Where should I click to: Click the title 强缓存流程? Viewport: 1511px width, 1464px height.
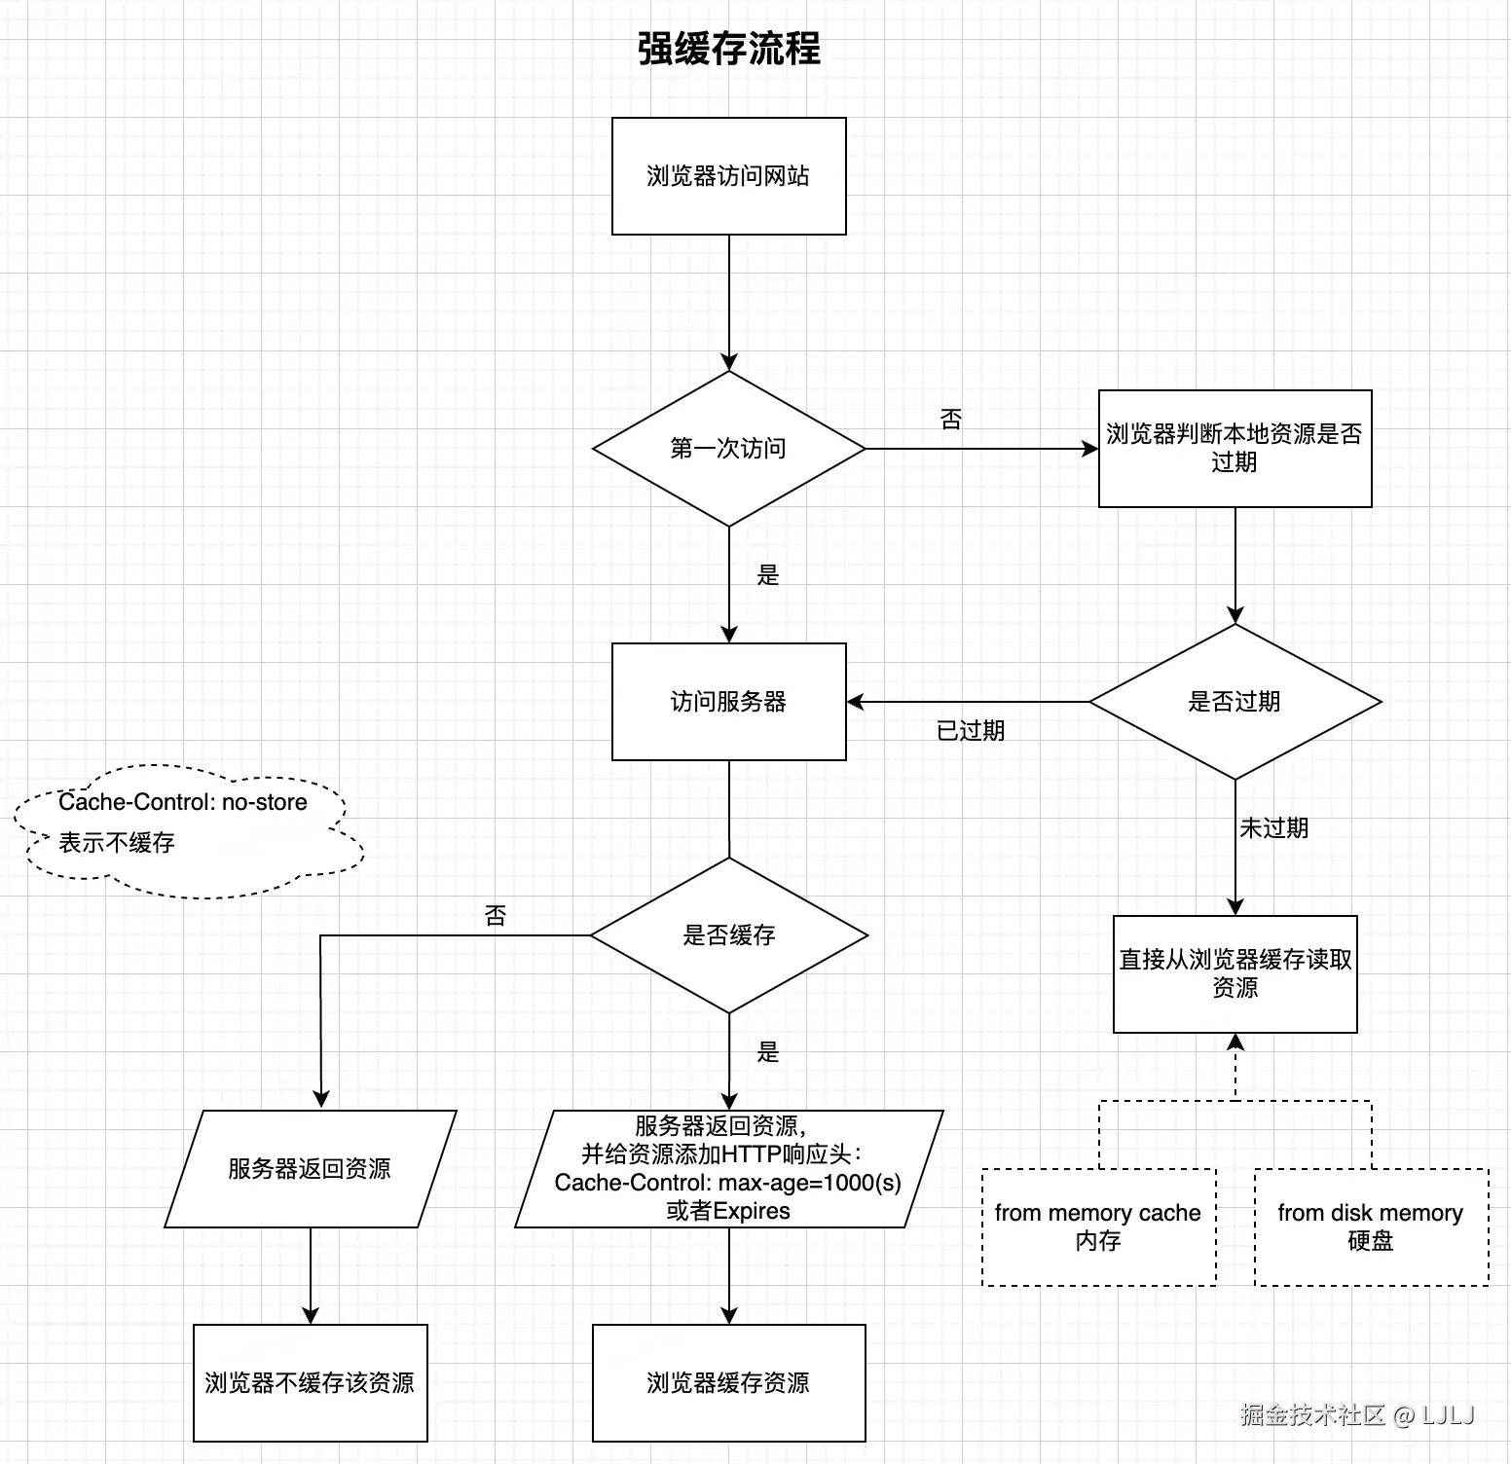[x=728, y=49]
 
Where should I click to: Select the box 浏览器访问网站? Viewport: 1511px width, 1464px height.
[x=728, y=176]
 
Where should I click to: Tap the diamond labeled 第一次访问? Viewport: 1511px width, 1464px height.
[x=728, y=449]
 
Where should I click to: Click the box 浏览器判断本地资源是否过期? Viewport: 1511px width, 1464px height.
[x=1235, y=449]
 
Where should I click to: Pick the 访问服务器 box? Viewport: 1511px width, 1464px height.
[x=728, y=702]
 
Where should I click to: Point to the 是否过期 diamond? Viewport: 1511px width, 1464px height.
[x=1235, y=702]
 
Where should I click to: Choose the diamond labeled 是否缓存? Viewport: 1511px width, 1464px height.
[x=728, y=935]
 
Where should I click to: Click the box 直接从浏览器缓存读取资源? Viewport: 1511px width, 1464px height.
[x=1235, y=973]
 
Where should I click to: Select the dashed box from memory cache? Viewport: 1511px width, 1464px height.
[x=1098, y=1226]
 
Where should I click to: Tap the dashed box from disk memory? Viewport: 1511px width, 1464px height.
[x=1371, y=1226]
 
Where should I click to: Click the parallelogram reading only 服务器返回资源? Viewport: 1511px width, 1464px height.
[x=310, y=1169]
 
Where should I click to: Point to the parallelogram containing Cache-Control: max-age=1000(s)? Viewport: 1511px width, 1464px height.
[x=728, y=1169]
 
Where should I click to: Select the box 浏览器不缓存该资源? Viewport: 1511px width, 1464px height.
[x=310, y=1383]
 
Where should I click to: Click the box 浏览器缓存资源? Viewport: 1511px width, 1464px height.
[x=728, y=1383]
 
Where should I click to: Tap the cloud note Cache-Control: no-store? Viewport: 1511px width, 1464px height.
[x=185, y=823]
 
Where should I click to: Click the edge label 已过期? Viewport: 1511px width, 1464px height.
[x=970, y=731]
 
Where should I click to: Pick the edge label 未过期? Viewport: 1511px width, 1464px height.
[x=1273, y=828]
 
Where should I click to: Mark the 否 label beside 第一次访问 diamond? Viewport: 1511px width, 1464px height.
[x=950, y=420]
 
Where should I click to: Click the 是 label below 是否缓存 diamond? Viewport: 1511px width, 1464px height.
[x=768, y=1052]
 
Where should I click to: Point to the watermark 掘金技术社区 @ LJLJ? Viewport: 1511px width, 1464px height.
[x=1357, y=1414]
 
